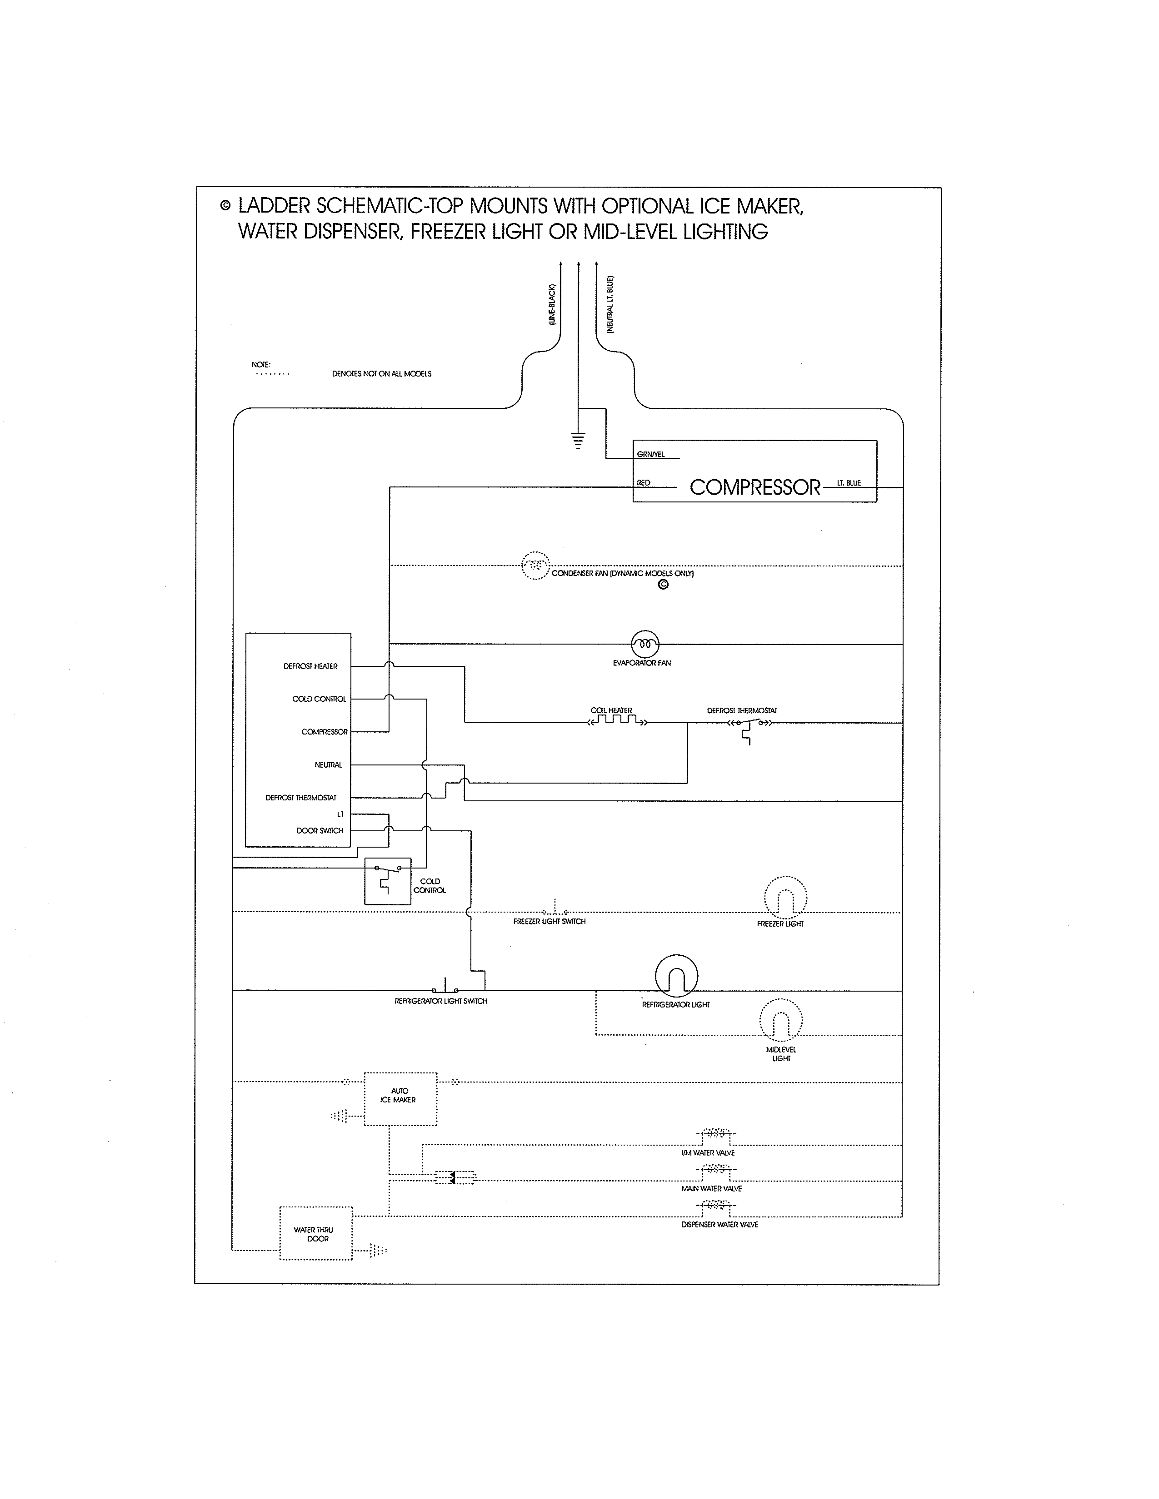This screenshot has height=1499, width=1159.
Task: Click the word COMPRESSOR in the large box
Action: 754,487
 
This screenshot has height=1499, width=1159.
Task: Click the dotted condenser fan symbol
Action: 535,566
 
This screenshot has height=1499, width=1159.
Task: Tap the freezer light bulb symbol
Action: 785,898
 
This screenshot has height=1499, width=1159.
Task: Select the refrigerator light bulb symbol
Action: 676,975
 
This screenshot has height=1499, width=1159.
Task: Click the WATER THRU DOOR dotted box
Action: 316,1233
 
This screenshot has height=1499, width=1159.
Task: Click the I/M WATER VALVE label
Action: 708,1153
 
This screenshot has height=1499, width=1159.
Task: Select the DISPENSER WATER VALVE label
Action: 719,1225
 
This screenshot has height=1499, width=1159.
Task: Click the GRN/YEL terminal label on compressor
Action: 651,454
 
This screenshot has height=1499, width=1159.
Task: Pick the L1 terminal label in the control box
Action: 340,814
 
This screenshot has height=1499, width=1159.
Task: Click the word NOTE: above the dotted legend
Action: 261,364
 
